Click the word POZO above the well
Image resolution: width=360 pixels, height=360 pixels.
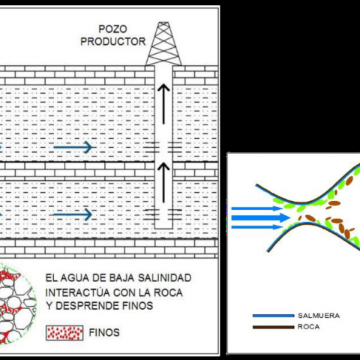(x=112, y=29)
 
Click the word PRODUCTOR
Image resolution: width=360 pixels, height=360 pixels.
(x=113, y=41)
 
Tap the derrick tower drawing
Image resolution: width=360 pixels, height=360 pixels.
(x=163, y=43)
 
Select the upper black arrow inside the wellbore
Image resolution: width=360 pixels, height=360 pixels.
(x=163, y=104)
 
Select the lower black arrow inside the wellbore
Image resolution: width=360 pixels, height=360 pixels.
(x=163, y=182)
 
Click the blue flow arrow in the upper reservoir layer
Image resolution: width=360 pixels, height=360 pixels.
(x=73, y=147)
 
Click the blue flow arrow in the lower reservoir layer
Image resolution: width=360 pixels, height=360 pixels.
(x=71, y=214)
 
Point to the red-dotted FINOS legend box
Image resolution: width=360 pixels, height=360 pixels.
(x=64, y=333)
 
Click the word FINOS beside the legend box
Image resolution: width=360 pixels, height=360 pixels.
(x=104, y=332)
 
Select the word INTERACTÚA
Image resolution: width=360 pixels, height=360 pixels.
(x=77, y=292)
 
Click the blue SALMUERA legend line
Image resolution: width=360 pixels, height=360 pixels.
(x=274, y=316)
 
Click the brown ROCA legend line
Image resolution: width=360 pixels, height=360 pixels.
(x=274, y=327)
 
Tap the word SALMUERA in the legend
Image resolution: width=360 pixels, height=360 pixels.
(x=319, y=316)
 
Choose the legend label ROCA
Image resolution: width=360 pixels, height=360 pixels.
(x=308, y=327)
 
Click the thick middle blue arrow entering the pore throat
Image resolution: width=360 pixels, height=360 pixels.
(x=261, y=217)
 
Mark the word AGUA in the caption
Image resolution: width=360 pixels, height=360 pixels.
(x=71, y=277)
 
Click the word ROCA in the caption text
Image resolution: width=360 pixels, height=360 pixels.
(x=168, y=292)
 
